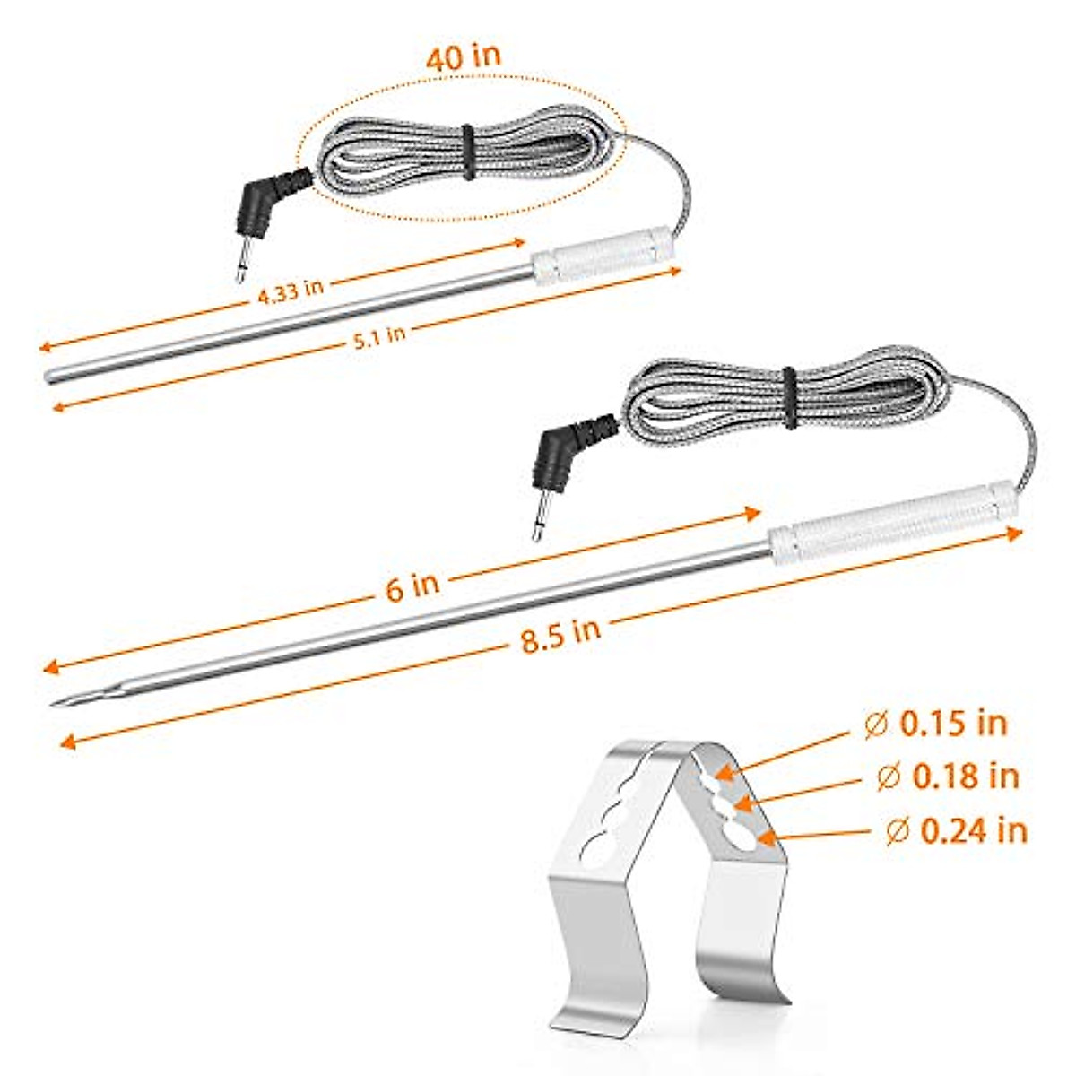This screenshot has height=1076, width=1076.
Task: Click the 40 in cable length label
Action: pos(463,57)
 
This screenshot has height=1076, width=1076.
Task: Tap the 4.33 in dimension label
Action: pos(290,293)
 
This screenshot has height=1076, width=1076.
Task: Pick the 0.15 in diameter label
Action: pos(937,724)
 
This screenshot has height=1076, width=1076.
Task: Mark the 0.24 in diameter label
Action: pos(956,831)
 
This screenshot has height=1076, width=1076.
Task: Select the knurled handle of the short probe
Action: pos(602,255)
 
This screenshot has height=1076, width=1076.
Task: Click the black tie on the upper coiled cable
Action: pos(466,144)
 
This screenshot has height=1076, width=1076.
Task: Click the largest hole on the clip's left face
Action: pos(594,845)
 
